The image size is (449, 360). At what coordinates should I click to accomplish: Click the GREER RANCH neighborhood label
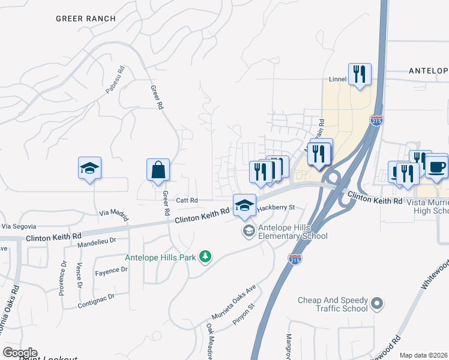(86, 19)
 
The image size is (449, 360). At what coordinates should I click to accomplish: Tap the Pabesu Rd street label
(115, 80)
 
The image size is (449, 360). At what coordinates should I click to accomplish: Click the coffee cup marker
(436, 166)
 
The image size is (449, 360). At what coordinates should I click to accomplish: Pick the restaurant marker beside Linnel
(360, 74)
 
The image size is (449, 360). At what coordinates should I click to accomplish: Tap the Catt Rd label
(187, 200)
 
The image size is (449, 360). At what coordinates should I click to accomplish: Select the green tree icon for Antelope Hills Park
(205, 257)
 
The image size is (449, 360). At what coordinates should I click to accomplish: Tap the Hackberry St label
(277, 208)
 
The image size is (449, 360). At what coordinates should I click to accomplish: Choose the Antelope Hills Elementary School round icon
(248, 231)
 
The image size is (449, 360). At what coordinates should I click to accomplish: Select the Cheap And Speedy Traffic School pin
(377, 304)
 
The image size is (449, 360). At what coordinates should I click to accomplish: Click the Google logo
(20, 353)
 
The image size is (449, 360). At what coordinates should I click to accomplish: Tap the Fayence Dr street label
(111, 271)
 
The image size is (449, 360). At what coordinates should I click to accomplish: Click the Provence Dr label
(62, 275)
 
